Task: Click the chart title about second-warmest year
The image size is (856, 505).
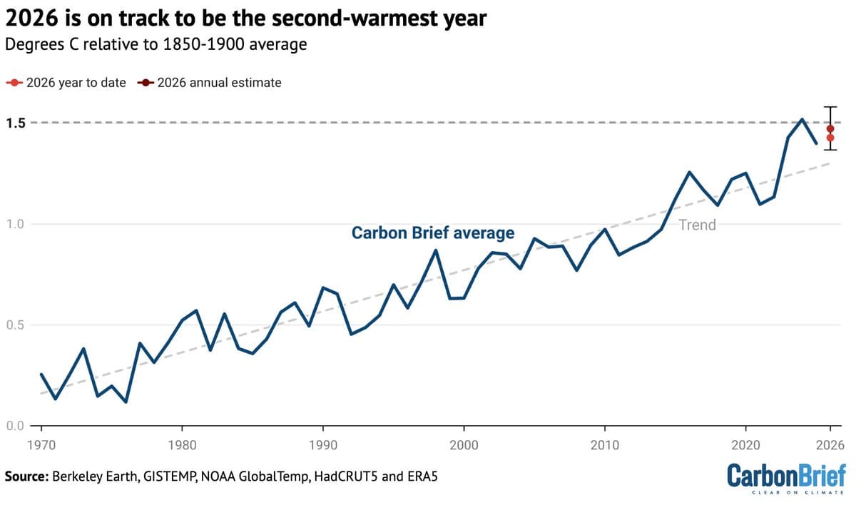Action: pyautogui.click(x=246, y=19)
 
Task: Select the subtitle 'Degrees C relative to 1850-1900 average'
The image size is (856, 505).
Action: pyautogui.click(x=156, y=44)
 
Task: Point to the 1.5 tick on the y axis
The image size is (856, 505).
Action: pyautogui.click(x=16, y=123)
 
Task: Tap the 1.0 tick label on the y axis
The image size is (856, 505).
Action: pyautogui.click(x=16, y=224)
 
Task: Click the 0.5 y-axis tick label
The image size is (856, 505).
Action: pyautogui.click(x=16, y=325)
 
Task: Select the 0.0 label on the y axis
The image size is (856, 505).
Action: pyautogui.click(x=16, y=427)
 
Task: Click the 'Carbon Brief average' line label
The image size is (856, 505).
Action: pyautogui.click(x=432, y=233)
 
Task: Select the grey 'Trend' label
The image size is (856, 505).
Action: pyautogui.click(x=697, y=225)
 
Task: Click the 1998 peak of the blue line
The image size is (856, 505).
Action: pyautogui.click(x=436, y=250)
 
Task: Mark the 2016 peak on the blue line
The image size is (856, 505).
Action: pyautogui.click(x=689, y=172)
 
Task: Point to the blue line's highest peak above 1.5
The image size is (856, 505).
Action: pyautogui.click(x=802, y=119)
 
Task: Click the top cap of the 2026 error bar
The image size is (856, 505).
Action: pyautogui.click(x=830, y=106)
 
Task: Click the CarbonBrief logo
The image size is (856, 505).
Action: pyautogui.click(x=786, y=478)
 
